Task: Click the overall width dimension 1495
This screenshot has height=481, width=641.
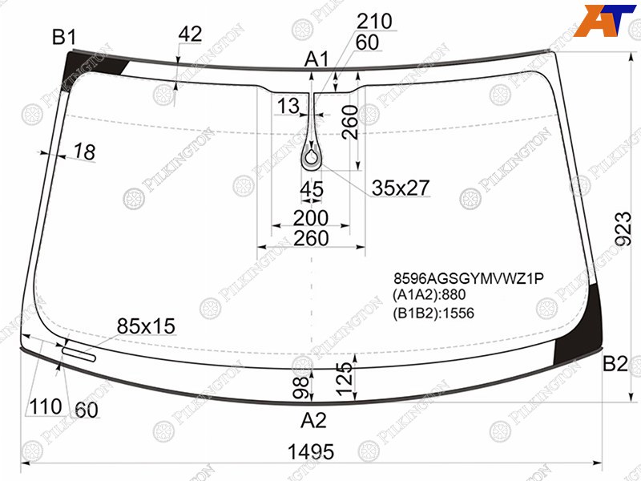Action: pos(311,452)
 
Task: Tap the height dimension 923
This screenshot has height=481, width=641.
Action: pos(624,228)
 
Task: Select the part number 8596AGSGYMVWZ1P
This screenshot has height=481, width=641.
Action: pos(469,278)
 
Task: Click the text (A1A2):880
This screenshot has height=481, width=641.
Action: pos(429,295)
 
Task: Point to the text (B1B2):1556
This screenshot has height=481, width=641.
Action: pos(433,313)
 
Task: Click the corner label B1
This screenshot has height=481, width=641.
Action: pos(64,38)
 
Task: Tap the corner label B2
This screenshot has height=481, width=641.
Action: pos(615,364)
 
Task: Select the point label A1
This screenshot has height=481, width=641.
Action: pos(316,60)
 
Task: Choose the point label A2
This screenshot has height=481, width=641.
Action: pos(313,420)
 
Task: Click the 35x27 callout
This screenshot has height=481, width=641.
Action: pos(401,188)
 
